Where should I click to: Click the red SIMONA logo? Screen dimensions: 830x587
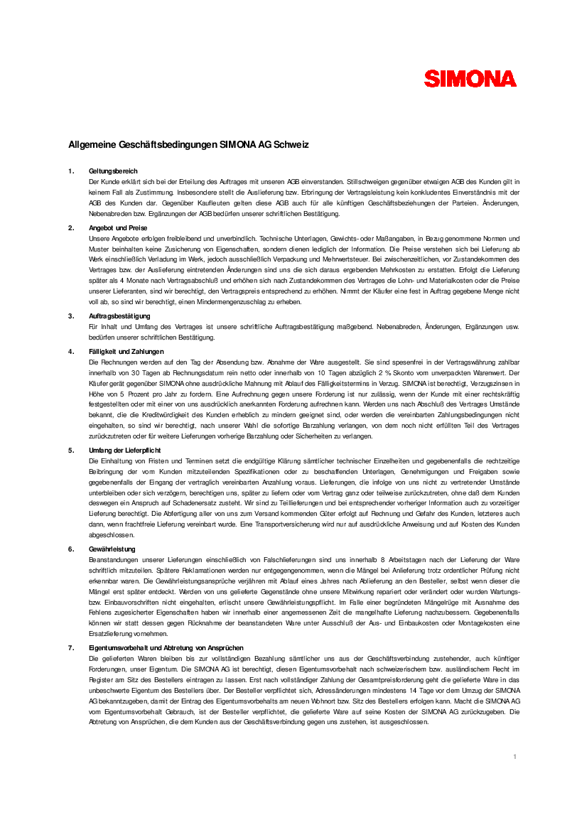470,78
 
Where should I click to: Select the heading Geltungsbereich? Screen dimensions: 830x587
113,171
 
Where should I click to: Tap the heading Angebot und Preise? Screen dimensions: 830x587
118,228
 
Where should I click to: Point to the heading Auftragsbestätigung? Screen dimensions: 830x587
119,316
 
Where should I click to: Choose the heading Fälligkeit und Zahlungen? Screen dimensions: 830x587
126,352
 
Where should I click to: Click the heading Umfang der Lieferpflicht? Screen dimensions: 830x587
125,451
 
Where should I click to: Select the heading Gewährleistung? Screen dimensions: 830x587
112,549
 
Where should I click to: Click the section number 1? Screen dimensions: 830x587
70,171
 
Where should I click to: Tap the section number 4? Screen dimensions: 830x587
70,352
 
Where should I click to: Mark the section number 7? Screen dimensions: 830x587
70,648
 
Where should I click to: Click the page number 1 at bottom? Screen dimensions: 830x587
515,757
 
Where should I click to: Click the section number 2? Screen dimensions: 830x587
70,228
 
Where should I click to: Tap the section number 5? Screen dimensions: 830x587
70,451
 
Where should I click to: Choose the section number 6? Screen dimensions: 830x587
70,549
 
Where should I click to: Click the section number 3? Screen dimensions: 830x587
70,316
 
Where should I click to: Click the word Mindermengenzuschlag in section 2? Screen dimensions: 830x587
239,302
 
